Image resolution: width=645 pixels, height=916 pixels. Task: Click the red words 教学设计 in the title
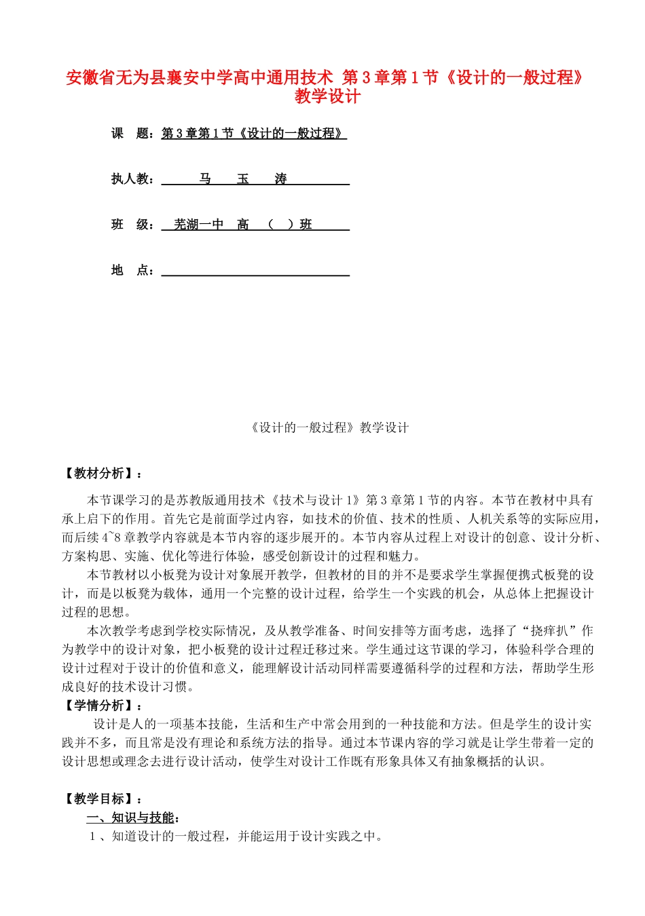coord(327,96)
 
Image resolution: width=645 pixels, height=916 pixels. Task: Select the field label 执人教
coord(132,179)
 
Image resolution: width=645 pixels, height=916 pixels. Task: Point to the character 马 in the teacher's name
coord(205,179)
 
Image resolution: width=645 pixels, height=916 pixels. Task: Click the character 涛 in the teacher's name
coord(280,179)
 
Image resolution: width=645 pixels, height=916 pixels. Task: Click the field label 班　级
coord(132,225)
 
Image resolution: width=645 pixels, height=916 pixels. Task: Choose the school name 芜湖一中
coord(198,225)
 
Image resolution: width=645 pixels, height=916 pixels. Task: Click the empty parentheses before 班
coord(280,225)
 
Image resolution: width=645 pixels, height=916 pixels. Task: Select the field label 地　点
coord(132,271)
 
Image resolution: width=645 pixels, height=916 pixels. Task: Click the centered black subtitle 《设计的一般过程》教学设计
coord(329,427)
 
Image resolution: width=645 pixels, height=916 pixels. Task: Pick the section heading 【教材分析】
coord(98,474)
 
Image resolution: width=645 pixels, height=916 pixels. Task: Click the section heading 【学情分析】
coord(98,706)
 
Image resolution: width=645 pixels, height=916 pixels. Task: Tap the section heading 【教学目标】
coord(98,799)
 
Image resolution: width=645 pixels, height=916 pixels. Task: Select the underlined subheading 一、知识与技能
coord(132,818)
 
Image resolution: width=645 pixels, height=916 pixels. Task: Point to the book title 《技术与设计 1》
coord(315,500)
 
